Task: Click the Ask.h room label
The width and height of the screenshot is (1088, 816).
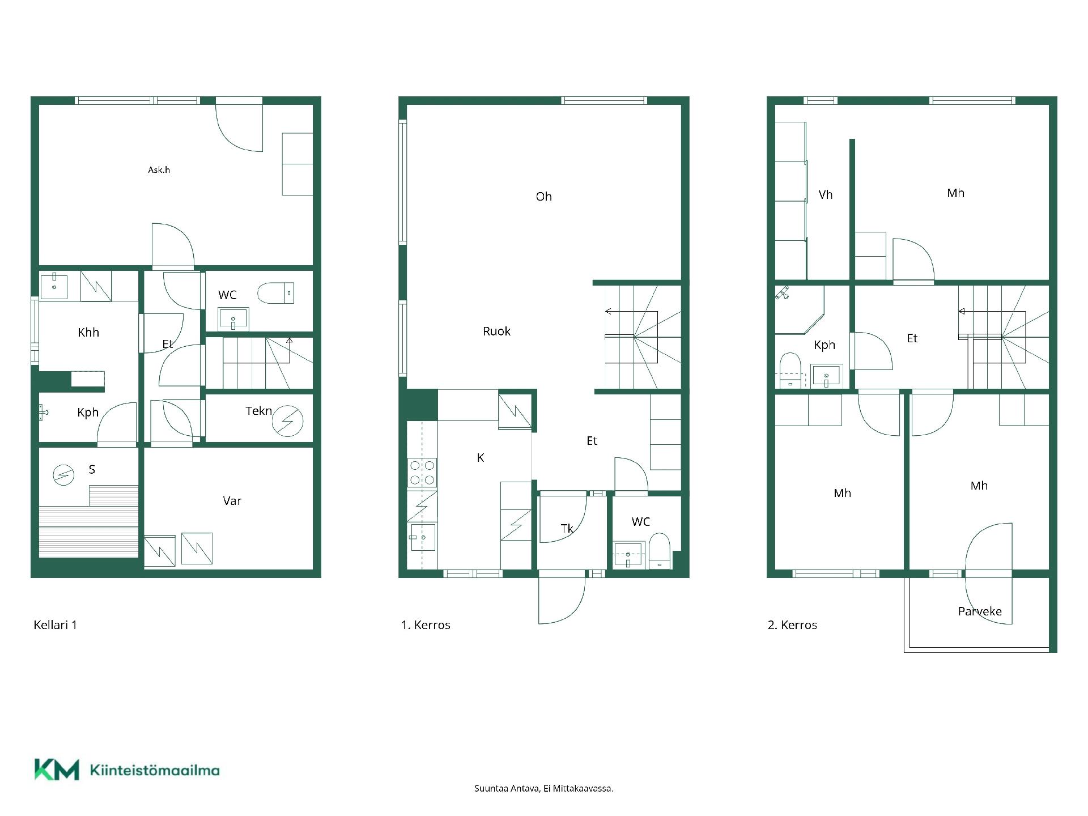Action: click(159, 169)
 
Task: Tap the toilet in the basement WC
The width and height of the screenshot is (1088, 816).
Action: click(276, 293)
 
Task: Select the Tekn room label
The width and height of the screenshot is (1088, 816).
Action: click(258, 411)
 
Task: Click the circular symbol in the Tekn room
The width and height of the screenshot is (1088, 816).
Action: click(287, 421)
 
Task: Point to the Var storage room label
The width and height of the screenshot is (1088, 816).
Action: click(232, 501)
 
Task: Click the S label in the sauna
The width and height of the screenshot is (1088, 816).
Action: click(92, 469)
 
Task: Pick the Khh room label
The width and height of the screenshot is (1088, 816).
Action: click(88, 333)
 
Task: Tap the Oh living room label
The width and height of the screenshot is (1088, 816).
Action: click(543, 197)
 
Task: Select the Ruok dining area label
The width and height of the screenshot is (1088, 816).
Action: click(496, 331)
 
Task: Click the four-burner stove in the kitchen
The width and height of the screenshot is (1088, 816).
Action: click(422, 473)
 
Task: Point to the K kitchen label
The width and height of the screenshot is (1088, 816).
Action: click(481, 458)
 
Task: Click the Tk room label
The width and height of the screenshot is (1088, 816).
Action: click(567, 529)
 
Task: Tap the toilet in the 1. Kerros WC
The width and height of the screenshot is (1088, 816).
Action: click(659, 550)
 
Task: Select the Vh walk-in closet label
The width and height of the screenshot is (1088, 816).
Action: click(826, 195)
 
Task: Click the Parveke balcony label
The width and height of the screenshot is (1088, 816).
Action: click(980, 611)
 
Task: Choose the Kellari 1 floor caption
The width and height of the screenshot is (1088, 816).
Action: click(55, 625)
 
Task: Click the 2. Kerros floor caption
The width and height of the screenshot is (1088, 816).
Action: click(792, 625)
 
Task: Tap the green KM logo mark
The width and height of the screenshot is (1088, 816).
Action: click(57, 770)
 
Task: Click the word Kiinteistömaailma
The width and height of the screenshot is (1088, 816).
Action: click(155, 770)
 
